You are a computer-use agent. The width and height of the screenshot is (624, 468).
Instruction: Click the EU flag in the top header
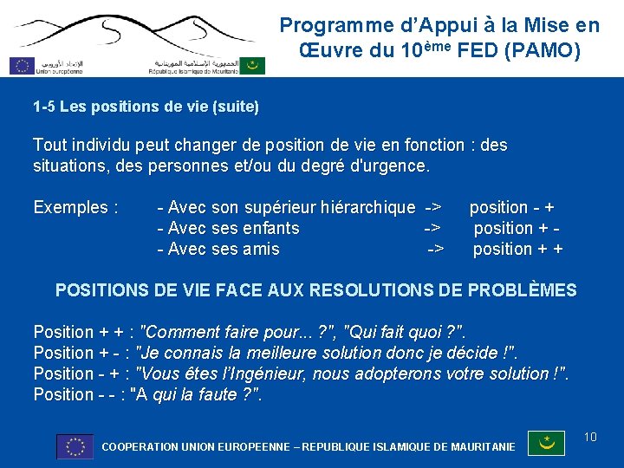[x=22, y=65]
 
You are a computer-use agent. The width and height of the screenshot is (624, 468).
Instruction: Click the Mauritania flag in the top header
[x=252, y=65]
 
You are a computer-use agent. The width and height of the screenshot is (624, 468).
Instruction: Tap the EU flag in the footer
[x=75, y=446]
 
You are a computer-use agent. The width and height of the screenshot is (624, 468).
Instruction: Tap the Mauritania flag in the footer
[x=547, y=444]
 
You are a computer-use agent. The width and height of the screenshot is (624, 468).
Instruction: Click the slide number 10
[x=590, y=437]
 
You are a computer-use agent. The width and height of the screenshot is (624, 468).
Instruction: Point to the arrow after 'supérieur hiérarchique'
[x=432, y=208]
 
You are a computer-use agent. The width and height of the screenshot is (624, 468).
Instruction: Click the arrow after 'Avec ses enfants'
[x=432, y=229]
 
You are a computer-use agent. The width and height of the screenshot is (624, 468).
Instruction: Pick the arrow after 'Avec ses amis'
[x=435, y=250]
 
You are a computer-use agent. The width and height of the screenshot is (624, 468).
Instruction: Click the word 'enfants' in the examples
[x=270, y=229]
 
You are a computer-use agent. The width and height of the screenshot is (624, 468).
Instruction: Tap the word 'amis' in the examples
[x=261, y=250]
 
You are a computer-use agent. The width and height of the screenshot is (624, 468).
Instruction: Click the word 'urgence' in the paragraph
[x=398, y=166]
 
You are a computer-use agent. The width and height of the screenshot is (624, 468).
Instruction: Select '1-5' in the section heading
[x=44, y=107]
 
